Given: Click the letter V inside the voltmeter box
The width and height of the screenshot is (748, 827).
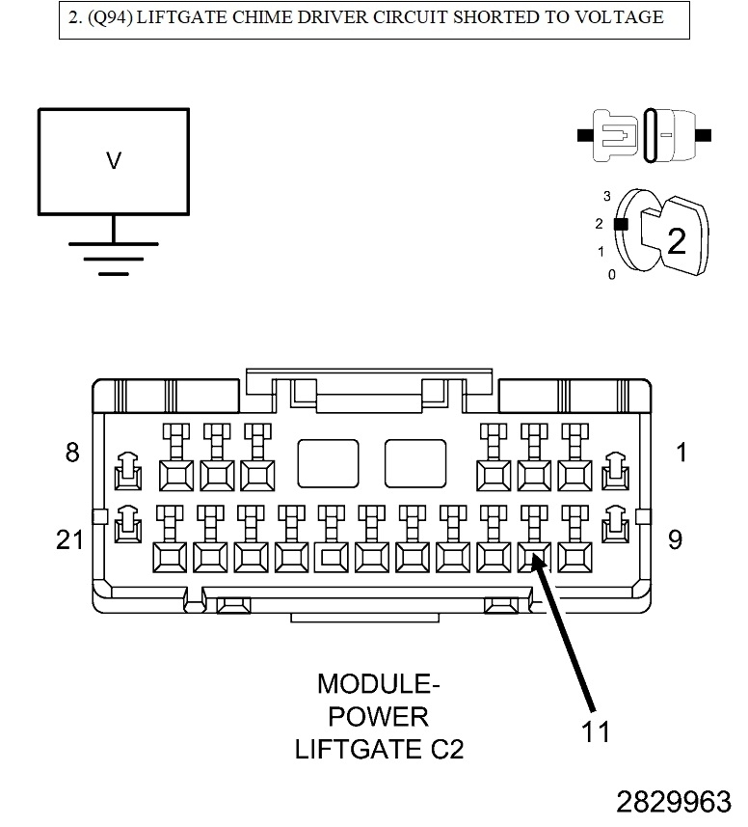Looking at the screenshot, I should coord(114,161).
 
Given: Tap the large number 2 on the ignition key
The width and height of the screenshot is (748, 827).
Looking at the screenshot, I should coord(677,241).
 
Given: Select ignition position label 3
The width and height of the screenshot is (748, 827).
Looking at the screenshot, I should coord(607,196).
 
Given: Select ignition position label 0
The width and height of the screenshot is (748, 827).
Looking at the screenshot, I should coord(611,275).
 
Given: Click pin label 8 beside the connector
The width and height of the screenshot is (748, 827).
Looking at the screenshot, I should coord(72,452).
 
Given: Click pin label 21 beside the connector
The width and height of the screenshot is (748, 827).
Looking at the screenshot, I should coord(69,539).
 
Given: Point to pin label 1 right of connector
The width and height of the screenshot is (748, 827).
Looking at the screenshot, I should coord(682,452).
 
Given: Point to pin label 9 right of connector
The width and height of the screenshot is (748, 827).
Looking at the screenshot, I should coord(675,539).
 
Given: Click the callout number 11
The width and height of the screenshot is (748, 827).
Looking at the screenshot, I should coord(596,732).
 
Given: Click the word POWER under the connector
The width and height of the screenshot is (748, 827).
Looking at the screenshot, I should coord(379,717).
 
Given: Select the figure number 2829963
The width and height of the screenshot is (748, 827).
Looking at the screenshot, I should coord(674,802).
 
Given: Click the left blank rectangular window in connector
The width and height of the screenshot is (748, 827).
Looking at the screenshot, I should coord(328,463).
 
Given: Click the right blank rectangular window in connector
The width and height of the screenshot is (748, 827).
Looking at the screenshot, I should coord(415,463).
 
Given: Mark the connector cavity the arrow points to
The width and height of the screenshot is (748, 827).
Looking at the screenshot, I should coord(533,556).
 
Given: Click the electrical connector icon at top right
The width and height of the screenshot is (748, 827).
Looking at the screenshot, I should coord(644,134).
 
